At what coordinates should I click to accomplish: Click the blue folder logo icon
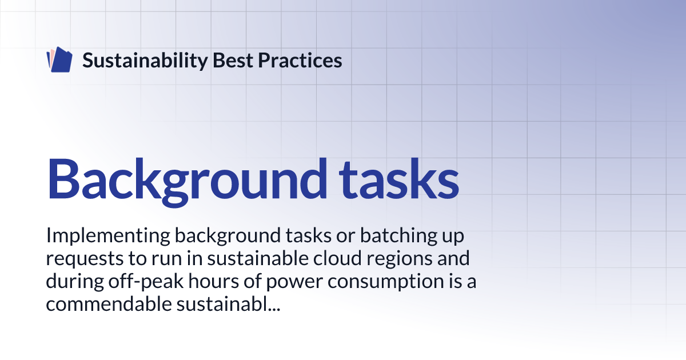coord(59,59)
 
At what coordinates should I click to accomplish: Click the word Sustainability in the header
coord(145,61)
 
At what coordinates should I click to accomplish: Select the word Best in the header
coord(233,60)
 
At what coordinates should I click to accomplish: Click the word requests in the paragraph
coord(85,259)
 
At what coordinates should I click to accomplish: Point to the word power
coord(294,282)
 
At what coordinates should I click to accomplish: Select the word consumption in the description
coord(385,282)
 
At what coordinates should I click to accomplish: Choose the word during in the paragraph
coord(75,282)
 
